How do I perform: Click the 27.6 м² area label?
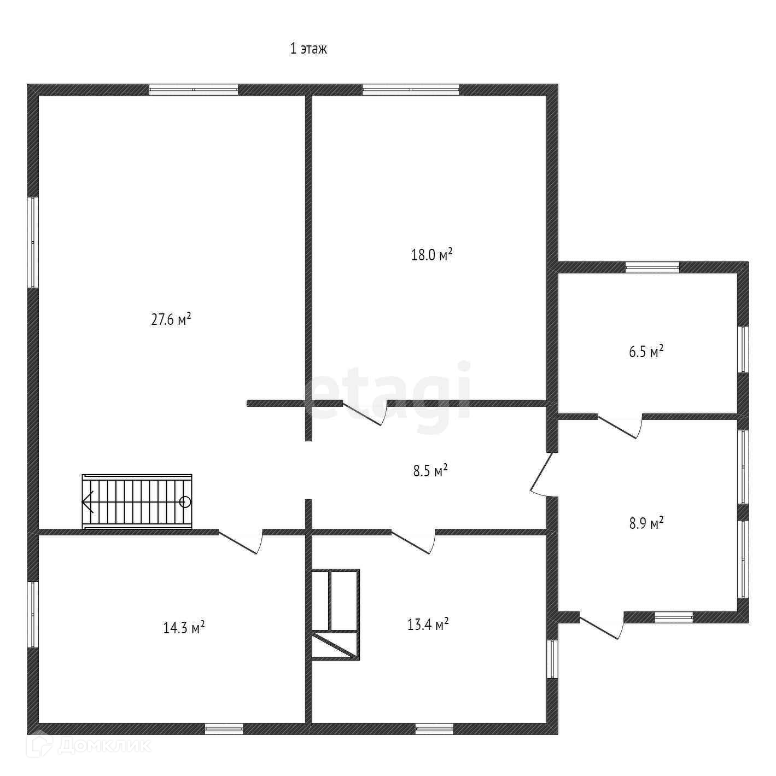[x=171, y=319]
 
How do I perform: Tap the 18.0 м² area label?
[x=431, y=255]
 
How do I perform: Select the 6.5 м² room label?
[x=646, y=352]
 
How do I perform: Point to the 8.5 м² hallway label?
[x=430, y=471]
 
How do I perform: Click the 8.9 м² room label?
[x=646, y=523]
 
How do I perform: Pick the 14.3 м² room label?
[x=184, y=627]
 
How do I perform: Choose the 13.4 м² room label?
[x=428, y=624]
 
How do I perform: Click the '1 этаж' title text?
[x=308, y=49]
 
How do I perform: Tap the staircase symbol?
[x=137, y=501]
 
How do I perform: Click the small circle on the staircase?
[x=185, y=501]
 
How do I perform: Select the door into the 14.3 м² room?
[x=241, y=541]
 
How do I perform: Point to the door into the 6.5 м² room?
[x=620, y=427]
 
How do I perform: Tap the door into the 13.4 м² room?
[x=413, y=541]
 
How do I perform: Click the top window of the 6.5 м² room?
[x=652, y=267]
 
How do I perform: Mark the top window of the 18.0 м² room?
[x=411, y=90]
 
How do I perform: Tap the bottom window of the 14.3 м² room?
[x=224, y=728]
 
